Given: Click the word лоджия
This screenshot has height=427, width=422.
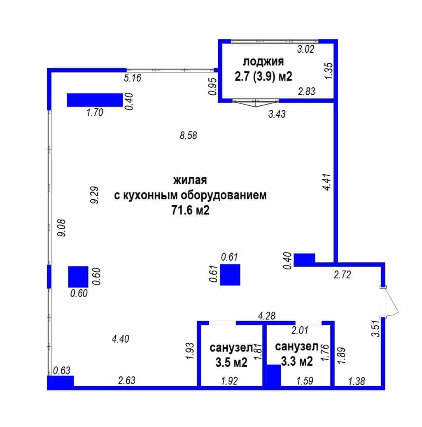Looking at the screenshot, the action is (x=263, y=62).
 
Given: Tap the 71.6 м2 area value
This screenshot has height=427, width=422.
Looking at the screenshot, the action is (x=190, y=210).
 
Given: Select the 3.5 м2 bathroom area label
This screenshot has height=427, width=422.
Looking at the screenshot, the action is (x=231, y=362).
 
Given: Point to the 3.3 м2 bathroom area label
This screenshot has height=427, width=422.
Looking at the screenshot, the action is (x=297, y=362).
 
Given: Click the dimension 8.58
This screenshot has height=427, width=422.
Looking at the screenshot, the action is (x=189, y=135).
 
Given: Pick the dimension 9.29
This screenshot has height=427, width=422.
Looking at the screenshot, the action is (x=95, y=195).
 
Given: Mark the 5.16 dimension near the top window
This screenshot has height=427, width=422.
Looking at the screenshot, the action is (x=133, y=78).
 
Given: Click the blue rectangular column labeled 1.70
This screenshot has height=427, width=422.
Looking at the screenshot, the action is (x=95, y=100).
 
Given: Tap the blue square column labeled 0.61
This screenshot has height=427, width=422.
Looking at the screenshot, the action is (x=230, y=275).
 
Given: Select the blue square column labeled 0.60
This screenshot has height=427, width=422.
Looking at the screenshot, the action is (x=78, y=277).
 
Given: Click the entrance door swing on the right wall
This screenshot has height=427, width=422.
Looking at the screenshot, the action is (x=390, y=301).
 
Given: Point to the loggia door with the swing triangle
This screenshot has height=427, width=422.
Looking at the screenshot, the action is (x=255, y=103).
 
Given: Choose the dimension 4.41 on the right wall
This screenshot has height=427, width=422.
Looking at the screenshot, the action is (x=328, y=182).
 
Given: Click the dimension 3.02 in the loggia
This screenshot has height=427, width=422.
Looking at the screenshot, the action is (x=305, y=49).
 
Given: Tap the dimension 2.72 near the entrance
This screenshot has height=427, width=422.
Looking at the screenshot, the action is (x=343, y=275).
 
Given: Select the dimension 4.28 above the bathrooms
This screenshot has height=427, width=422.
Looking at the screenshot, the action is (x=266, y=316).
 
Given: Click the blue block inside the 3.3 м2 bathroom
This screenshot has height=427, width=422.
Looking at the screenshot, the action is (x=274, y=375).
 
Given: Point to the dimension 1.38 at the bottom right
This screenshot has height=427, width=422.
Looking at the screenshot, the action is (x=357, y=381).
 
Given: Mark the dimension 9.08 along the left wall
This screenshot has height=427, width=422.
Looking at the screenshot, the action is (x=62, y=228).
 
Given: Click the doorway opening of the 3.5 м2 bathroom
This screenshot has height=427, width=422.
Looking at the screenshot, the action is (x=222, y=323).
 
